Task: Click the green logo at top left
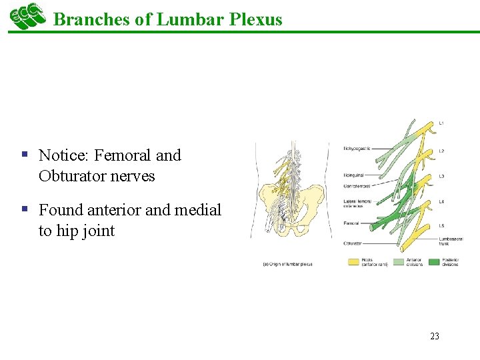27,16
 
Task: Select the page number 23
435,336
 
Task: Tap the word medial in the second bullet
197,210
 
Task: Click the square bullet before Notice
24,155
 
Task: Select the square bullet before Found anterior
24,209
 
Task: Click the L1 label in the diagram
441,123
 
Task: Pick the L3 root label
441,176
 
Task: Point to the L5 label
441,225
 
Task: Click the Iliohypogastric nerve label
357,148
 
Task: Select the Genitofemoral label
357,187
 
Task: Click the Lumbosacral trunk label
451,241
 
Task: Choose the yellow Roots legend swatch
354,261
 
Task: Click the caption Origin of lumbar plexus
287,264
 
